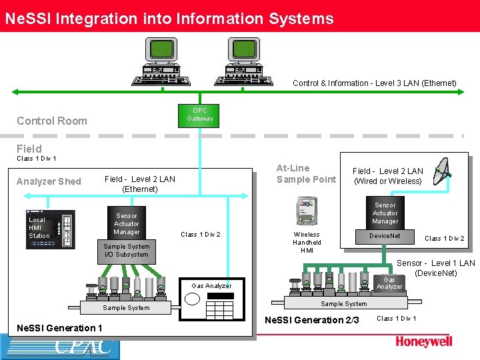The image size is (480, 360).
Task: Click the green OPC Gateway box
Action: (200, 115)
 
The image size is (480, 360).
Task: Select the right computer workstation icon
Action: (245, 62)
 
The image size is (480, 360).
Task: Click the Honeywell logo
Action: (423, 341)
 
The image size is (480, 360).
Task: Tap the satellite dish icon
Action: (443, 172)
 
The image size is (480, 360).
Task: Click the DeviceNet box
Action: (385, 236)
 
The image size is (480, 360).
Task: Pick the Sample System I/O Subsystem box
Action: (126, 250)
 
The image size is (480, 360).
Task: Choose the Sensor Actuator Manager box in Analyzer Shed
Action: (127, 224)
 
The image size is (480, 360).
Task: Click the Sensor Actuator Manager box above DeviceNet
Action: (385, 213)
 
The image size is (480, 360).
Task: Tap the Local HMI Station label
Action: (39, 228)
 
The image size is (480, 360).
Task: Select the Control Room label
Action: (52, 121)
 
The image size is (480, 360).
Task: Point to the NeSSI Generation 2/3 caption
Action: (311, 320)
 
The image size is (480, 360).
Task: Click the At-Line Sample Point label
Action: (306, 173)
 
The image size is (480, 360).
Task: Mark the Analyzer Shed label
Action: (49, 181)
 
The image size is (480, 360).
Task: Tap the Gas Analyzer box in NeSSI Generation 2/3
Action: (389, 283)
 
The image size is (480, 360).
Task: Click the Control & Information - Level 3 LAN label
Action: (375, 83)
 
